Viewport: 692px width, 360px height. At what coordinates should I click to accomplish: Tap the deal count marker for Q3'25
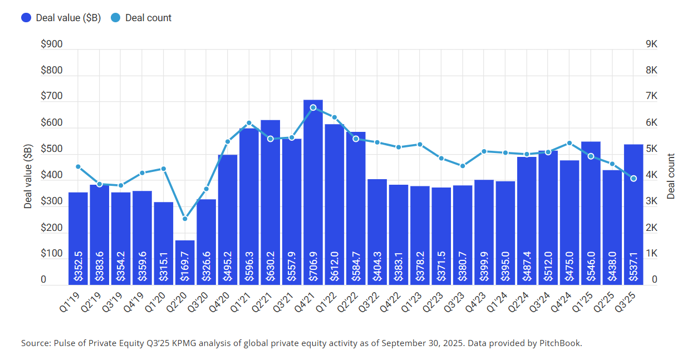(x=634, y=178)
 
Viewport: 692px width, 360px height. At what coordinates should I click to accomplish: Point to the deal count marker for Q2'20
(x=185, y=219)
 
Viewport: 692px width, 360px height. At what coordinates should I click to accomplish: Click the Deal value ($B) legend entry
(x=61, y=18)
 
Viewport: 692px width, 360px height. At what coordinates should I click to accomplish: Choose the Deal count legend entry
(x=141, y=18)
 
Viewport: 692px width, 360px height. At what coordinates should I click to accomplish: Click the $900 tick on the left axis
(x=51, y=45)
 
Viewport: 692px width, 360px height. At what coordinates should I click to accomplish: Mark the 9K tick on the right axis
(x=651, y=45)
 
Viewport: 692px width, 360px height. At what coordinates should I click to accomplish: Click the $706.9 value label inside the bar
(x=313, y=267)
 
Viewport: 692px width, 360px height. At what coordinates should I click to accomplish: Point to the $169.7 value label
(x=185, y=267)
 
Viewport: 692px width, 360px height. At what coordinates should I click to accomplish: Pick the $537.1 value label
(x=634, y=267)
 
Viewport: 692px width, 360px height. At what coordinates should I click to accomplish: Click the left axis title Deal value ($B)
(x=28, y=176)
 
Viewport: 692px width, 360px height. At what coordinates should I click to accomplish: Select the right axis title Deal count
(x=671, y=176)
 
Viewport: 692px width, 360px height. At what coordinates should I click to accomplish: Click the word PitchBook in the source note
(x=561, y=343)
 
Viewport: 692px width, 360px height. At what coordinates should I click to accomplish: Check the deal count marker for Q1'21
(x=249, y=123)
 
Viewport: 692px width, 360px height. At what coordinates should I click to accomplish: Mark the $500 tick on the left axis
(x=51, y=150)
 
